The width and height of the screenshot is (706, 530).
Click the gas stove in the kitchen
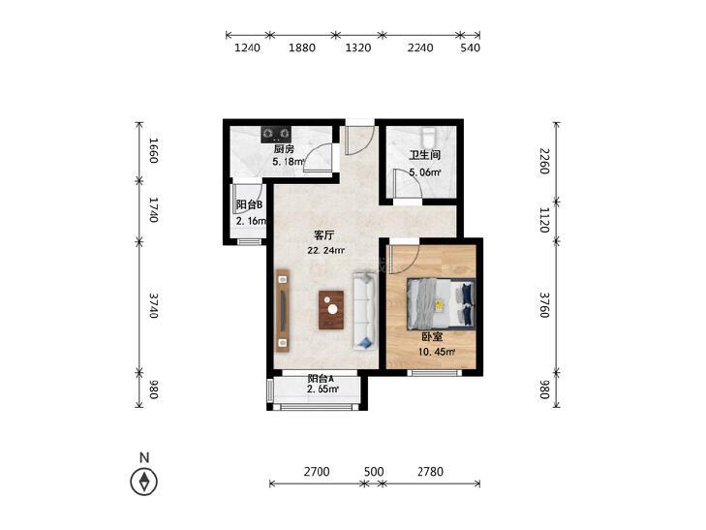pos(276,134)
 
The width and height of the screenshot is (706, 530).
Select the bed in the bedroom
pos(441,302)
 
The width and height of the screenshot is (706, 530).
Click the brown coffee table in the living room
pos(331,310)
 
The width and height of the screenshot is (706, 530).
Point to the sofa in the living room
pos(364,310)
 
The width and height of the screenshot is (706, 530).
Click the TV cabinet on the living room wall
pos(283,310)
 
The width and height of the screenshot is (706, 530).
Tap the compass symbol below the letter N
pos(144,482)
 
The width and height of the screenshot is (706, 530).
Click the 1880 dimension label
pos(302,47)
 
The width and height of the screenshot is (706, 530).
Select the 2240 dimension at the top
pos(420,47)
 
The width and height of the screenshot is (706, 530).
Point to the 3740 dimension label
pos(154,305)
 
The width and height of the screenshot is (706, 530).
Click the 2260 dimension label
pos(544,161)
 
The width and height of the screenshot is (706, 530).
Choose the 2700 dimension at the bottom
pos(317,472)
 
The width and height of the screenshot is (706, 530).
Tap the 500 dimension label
pos(374,472)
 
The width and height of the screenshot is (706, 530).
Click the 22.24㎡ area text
pos(326,250)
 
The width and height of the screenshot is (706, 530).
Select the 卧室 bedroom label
pos(432,337)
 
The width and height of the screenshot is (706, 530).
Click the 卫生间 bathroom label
pos(424,155)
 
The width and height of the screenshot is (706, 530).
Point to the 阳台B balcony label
pos(250,204)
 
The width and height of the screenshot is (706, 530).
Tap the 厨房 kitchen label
pos(284,149)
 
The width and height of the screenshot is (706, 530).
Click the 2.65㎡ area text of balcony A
pos(322,390)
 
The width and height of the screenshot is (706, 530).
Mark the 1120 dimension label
pos(544,220)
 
